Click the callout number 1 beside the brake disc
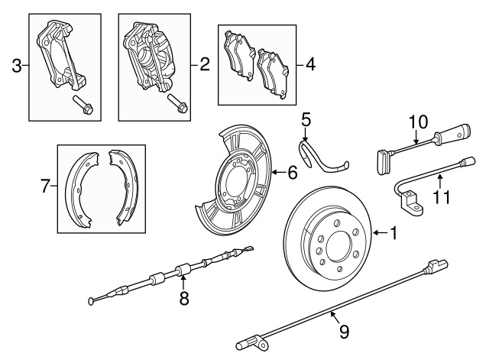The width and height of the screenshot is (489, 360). [394, 233]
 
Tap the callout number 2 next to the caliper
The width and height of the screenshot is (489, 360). [205, 64]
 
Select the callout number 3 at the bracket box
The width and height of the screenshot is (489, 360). [17, 66]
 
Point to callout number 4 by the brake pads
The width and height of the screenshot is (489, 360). [310, 65]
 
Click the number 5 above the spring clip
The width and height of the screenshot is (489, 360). [306, 120]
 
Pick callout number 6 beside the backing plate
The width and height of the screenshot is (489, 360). [292, 173]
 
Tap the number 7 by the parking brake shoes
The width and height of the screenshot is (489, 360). [45, 186]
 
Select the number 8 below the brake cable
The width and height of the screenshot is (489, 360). [184, 298]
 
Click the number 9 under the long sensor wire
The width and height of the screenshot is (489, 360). [344, 332]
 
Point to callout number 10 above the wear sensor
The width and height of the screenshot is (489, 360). [418, 122]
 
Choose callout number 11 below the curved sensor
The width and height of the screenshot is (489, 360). [442, 197]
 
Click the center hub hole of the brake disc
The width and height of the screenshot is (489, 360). [339, 247]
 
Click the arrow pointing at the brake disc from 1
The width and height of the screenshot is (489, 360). [381, 232]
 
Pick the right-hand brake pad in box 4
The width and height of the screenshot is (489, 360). [273, 73]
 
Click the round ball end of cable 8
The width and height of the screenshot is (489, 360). [91, 301]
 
